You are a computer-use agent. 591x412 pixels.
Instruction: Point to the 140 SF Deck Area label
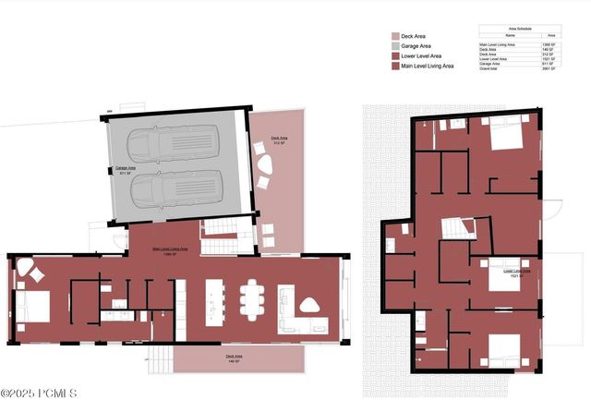pos(234,358)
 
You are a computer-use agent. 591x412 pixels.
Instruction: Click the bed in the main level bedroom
pos(35,306)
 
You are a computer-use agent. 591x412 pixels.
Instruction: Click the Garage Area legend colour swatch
pos(394,47)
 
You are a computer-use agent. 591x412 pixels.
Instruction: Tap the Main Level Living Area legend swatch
pos(394,66)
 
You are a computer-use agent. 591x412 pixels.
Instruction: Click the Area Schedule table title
pos(518,29)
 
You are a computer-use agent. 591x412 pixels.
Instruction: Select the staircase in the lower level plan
pos(457,228)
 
